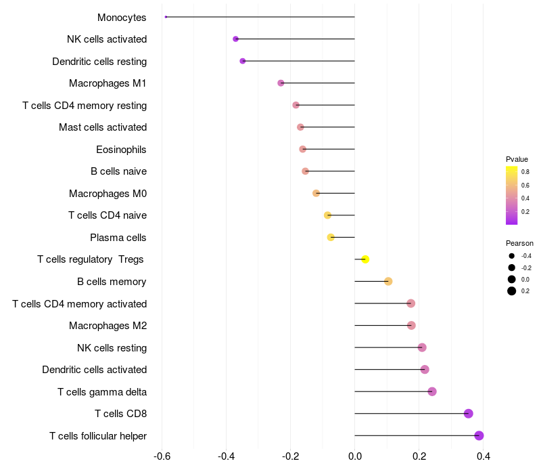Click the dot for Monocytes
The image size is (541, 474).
click(x=166, y=17)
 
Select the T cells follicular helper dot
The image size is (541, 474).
click(x=479, y=435)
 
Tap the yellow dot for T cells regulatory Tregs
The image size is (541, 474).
click(x=365, y=259)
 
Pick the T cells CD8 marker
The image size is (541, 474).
click(x=468, y=414)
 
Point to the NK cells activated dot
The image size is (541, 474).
click(x=235, y=39)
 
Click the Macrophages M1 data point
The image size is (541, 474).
click(x=281, y=83)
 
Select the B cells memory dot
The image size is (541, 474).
click(x=388, y=282)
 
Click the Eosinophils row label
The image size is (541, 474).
click(x=121, y=149)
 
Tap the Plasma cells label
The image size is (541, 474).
click(x=118, y=238)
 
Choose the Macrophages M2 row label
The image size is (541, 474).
click(x=108, y=326)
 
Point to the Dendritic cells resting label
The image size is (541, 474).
click(x=99, y=62)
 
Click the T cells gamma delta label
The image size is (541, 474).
click(x=102, y=391)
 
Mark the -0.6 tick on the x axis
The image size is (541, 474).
click(x=162, y=456)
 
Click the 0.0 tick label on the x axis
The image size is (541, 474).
click(x=354, y=456)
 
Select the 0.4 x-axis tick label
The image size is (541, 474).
click(x=483, y=456)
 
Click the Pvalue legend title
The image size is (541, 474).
click(x=517, y=159)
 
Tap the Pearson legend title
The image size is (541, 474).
click(x=519, y=243)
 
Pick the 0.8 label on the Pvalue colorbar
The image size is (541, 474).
click(x=525, y=172)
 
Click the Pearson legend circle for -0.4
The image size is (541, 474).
click(x=512, y=256)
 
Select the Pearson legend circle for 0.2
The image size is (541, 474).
click(x=512, y=291)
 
